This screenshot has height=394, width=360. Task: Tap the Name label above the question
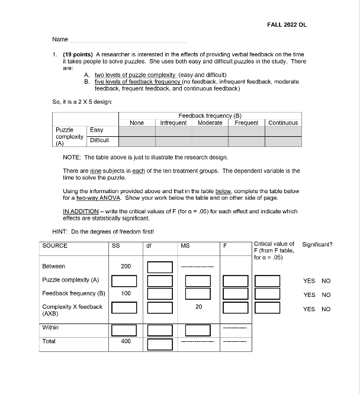pos(60,40)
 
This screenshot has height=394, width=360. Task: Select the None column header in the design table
pos(137,123)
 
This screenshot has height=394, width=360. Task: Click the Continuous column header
pos(283,123)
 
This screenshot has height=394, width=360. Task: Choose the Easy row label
pos(96,130)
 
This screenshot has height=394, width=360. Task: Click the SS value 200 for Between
pos(126,267)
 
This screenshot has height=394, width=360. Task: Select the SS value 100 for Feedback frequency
pos(126,293)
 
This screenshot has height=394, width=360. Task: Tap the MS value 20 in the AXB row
pos(198,307)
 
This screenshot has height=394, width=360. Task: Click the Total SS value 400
pos(126,341)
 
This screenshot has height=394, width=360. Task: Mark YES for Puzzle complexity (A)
pos(309,281)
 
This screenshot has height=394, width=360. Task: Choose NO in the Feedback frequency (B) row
pos(326,294)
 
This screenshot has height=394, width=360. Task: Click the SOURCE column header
pos(55,245)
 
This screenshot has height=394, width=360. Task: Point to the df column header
pos(149,245)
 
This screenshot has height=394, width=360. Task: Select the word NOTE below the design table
pos(70,158)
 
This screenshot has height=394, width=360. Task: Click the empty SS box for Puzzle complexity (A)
pos(126,280)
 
